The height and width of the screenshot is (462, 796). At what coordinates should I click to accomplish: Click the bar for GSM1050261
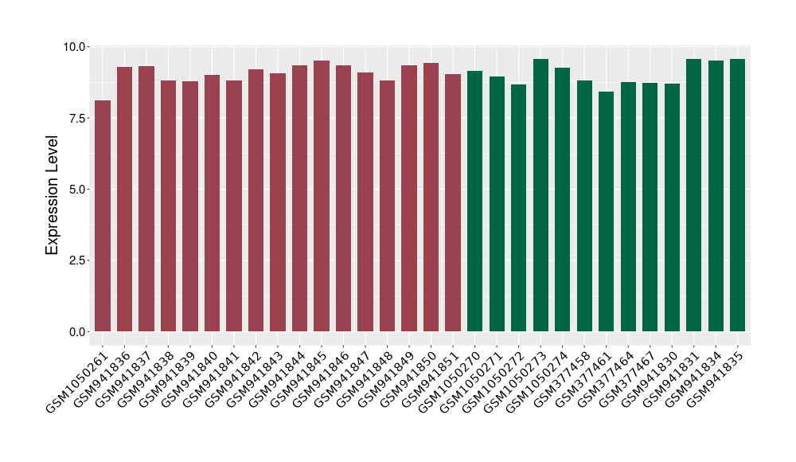103,215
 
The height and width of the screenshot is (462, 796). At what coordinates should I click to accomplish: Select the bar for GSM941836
124,199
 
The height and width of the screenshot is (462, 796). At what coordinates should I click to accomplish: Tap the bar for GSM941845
322,196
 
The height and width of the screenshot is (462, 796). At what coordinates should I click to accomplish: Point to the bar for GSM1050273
540,195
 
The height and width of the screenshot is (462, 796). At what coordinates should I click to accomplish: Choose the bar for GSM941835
737,195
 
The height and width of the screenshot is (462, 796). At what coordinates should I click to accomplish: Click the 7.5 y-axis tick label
76,118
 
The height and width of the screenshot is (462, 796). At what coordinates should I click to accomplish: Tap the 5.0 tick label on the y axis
76,190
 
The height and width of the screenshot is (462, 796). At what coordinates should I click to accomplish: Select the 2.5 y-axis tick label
76,260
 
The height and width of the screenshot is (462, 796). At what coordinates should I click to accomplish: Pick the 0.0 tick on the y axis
76,331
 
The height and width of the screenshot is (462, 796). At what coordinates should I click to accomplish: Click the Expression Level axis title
53,190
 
